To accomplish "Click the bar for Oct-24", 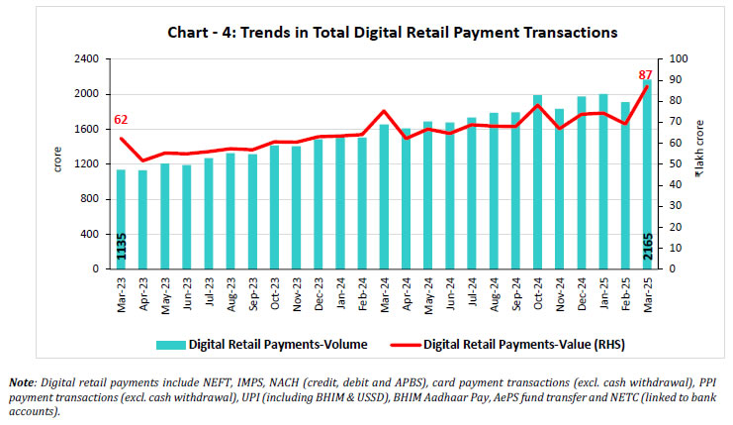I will [537, 182].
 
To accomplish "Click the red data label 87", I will [644, 75].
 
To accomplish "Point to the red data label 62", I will [122, 120].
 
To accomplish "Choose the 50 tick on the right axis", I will [679, 164].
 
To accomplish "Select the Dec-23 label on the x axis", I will [319, 294].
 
